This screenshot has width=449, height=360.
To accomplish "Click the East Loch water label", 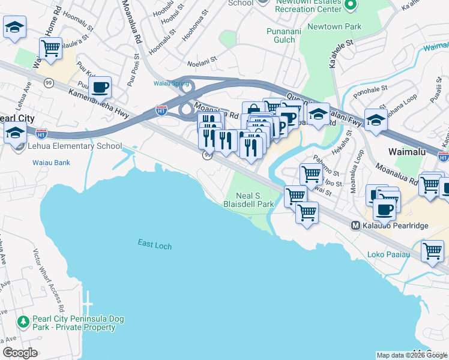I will pyautogui.click(x=155, y=243).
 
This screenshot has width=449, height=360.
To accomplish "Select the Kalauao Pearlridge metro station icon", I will pyautogui.click(x=355, y=226).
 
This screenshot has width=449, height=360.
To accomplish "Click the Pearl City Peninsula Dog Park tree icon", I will pyautogui.click(x=23, y=322).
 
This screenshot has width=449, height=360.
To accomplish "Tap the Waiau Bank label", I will pyautogui.click(x=51, y=163).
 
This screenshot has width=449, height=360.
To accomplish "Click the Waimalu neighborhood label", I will pyautogui.click(x=407, y=152).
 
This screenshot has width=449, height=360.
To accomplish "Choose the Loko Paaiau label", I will pyautogui.click(x=388, y=254).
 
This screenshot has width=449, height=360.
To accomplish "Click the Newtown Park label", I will pyautogui.click(x=334, y=26).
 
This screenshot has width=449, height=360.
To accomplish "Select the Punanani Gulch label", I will pyautogui.click(x=281, y=35).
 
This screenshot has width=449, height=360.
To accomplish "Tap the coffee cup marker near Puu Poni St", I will pyautogui.click(x=100, y=88).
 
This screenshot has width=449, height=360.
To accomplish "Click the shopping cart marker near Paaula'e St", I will pyautogui.click(x=51, y=48).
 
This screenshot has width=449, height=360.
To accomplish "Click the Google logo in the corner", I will pyautogui.click(x=20, y=353).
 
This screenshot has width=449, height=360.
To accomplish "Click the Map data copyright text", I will pyautogui.click(x=412, y=355).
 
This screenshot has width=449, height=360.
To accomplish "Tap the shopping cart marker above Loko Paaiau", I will pyautogui.click(x=432, y=252).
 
